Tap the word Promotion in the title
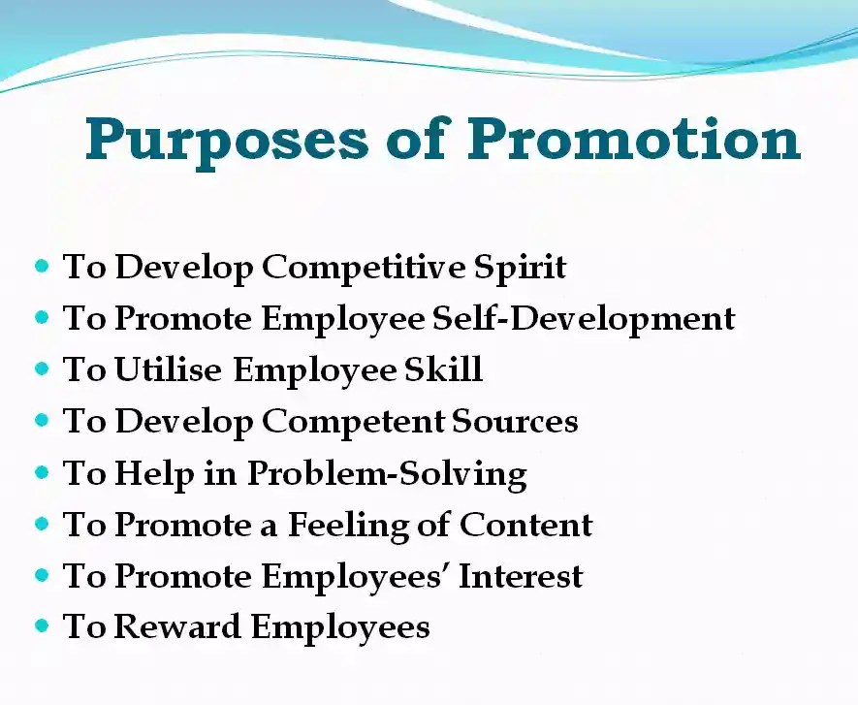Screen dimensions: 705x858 (x=635, y=139)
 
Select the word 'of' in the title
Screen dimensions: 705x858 (x=416, y=139)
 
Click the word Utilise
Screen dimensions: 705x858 (x=170, y=370)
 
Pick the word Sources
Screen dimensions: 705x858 (x=515, y=422)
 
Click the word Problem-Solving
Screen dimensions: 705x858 (x=386, y=474)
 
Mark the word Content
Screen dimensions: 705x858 (x=526, y=525)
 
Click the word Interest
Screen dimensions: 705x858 (x=522, y=576)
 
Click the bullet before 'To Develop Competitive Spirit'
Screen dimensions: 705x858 (x=42, y=266)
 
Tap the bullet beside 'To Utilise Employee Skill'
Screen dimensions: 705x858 (x=42, y=369)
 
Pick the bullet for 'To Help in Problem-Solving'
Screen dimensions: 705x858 (x=42, y=472)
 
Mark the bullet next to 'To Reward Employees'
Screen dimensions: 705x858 (x=42, y=626)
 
